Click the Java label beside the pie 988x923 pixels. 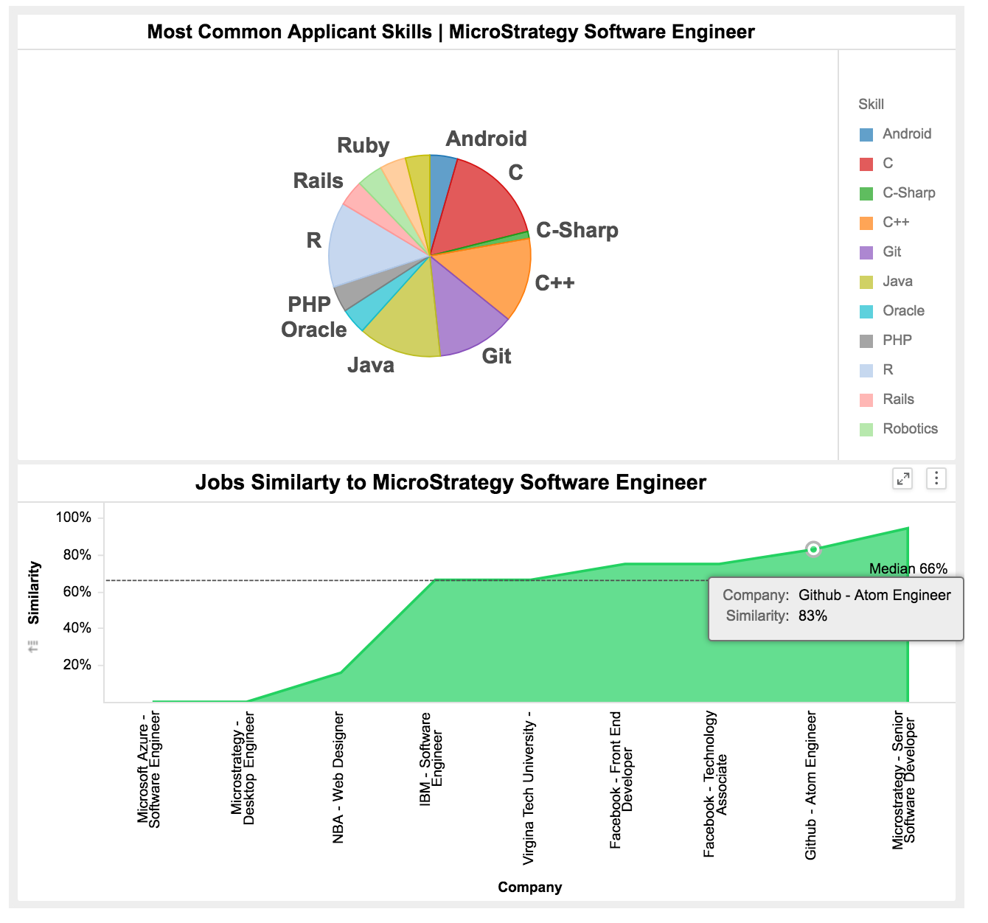click(371, 365)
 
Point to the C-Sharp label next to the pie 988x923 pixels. click(577, 231)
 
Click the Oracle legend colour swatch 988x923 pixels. click(866, 311)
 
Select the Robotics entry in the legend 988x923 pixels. click(910, 429)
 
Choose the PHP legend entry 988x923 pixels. click(897, 341)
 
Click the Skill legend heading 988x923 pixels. click(871, 105)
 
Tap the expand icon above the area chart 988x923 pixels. click(902, 479)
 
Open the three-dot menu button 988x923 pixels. click(936, 479)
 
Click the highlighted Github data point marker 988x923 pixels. click(813, 549)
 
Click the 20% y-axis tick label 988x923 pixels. click(77, 665)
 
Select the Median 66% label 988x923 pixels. click(908, 568)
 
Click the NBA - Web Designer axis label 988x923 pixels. click(338, 777)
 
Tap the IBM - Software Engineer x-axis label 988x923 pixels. click(431, 759)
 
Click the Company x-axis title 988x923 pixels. click(529, 888)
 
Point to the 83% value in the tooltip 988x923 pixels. click(813, 616)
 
